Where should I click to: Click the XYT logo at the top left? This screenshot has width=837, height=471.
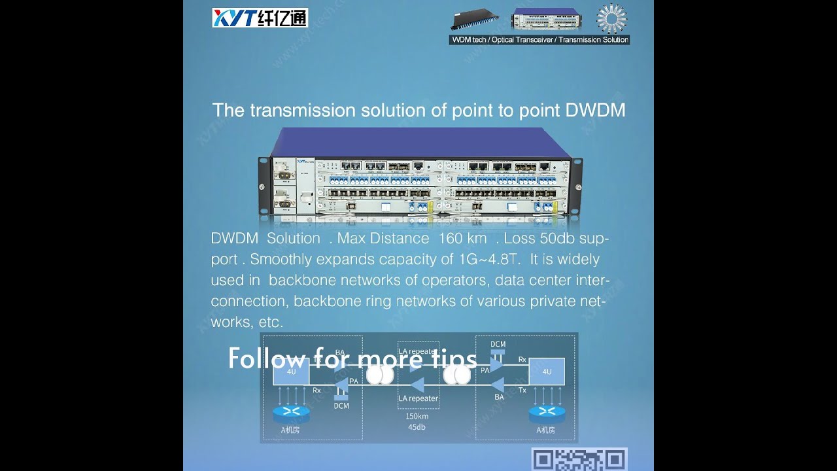260,18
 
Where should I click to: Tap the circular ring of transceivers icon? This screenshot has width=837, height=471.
611,18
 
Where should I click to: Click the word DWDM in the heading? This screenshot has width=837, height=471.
595,110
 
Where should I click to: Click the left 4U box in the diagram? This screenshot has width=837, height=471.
292,372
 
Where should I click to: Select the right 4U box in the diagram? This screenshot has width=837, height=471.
547,372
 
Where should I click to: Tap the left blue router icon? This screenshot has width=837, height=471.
291,412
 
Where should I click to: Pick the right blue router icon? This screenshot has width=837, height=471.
546,412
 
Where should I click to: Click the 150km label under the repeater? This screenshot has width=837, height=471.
417,416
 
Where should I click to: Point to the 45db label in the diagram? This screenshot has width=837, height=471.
417,428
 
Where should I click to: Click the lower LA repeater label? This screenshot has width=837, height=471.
418,398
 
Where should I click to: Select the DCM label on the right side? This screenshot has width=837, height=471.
498,344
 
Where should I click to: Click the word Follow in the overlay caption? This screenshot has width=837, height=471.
266,358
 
